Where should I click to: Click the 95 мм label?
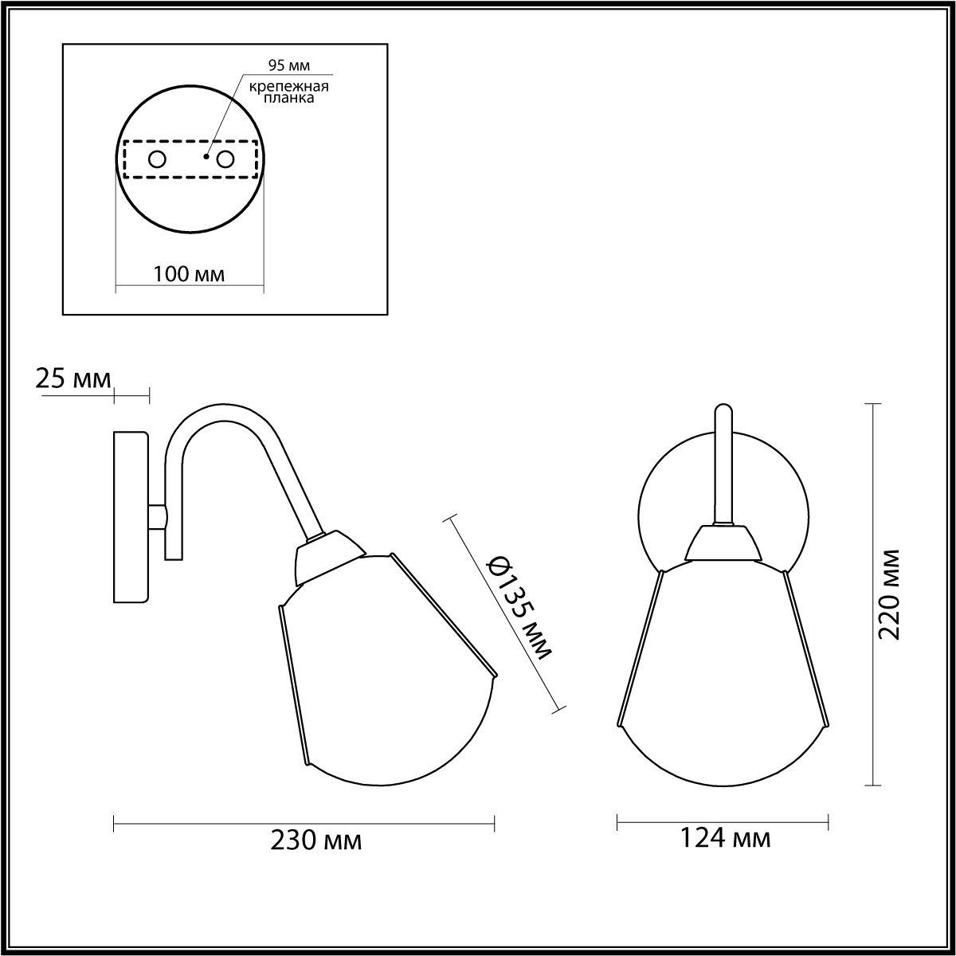(x=288, y=65)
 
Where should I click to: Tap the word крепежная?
(x=289, y=87)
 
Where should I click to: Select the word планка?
(x=288, y=98)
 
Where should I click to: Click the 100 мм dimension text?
(x=189, y=274)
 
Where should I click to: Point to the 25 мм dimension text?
(x=73, y=379)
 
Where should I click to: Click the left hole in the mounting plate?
(x=157, y=160)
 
